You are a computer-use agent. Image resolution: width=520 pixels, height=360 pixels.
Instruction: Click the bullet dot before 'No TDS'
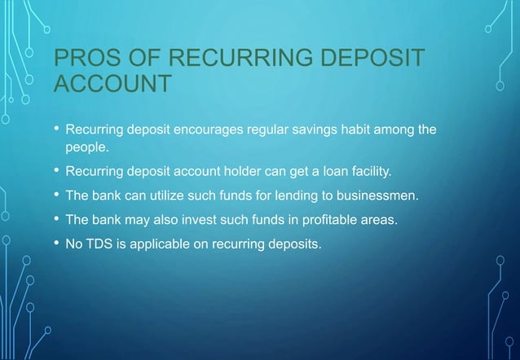tap(55, 241)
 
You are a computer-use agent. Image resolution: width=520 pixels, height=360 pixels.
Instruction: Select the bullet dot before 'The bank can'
tap(55, 195)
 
